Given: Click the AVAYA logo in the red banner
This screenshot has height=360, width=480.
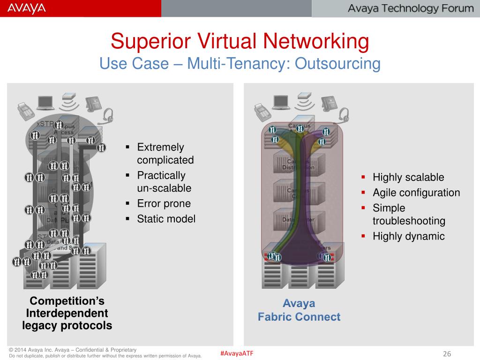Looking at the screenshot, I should point(27,8).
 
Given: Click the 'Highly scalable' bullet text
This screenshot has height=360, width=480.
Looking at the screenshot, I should point(408,177).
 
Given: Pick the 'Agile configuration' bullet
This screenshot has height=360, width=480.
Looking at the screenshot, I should point(416,193).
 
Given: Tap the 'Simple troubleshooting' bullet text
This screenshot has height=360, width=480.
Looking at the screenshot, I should point(409,214).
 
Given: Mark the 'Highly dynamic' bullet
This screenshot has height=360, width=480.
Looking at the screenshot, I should point(408,236).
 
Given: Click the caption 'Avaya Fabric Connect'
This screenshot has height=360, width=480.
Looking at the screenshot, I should point(299,310).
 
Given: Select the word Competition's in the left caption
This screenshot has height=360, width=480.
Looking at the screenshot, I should point(67,301).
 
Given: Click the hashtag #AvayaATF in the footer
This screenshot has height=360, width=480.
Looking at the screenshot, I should point(237,353).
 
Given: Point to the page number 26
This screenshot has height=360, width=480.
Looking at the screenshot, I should point(447,354).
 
